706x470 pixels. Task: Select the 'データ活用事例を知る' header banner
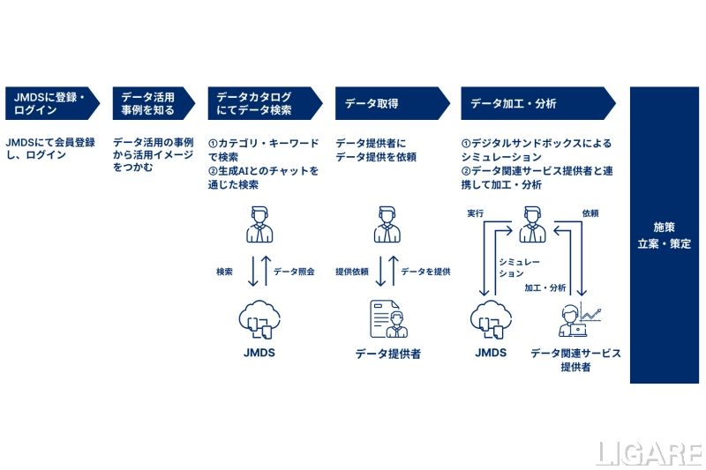[x=147, y=103]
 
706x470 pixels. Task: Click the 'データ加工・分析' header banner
[x=529, y=103]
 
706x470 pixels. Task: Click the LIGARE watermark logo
[x=648, y=453]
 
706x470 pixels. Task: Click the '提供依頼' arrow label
[x=351, y=272]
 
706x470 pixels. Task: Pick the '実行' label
[x=475, y=213]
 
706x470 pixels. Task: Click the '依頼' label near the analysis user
[x=590, y=213]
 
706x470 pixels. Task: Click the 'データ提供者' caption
[x=388, y=354]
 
